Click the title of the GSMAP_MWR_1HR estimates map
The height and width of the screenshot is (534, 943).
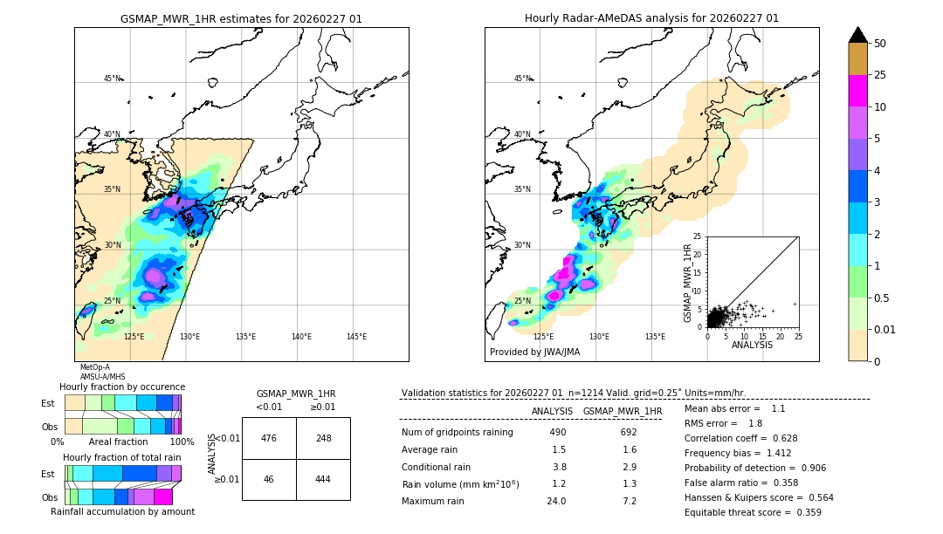coord(241,18)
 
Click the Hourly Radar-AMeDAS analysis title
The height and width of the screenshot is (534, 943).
coord(651,18)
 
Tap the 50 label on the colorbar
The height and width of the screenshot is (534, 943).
coord(880,44)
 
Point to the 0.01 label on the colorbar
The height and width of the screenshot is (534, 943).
coord(885,329)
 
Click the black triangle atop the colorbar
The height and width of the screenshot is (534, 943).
coord(858,35)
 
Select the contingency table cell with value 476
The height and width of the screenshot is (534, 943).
coord(269,438)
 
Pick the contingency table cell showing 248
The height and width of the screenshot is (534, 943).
coord(323,438)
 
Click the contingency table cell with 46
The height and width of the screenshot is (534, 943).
coord(269,480)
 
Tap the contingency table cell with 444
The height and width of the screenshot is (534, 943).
coord(323,480)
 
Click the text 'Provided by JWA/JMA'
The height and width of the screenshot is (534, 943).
coord(534,353)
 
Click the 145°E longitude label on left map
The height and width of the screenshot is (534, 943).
coord(356,337)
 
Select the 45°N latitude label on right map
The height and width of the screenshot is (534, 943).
coord(522,79)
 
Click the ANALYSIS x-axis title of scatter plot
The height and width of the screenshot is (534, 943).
coord(752,345)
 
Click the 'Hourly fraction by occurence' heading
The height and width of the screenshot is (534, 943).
coord(122,387)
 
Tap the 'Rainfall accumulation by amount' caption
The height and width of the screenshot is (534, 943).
coord(122,511)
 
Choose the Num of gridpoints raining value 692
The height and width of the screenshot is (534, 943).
coord(629,432)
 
